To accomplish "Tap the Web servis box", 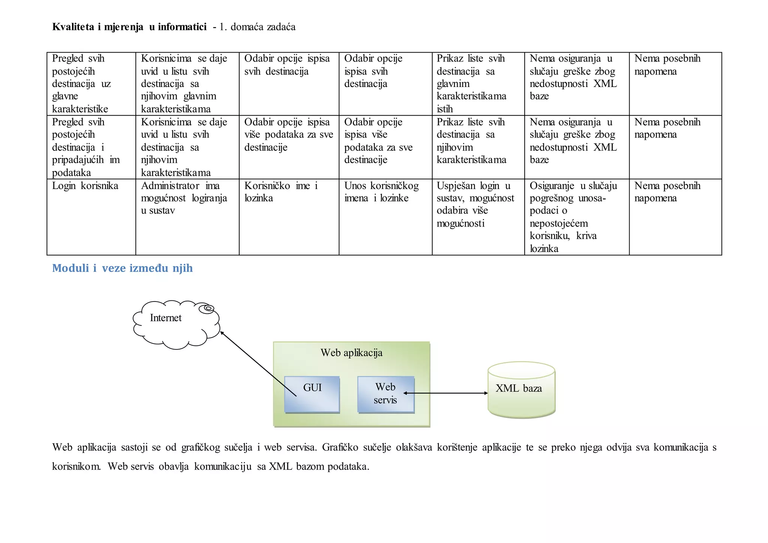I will pos(385,394).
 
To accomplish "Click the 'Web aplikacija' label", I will pos(351,353).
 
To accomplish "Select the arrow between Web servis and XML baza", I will pos(446,393).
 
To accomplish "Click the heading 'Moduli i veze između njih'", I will pos(122,268).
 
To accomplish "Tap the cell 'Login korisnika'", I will pos(85,186).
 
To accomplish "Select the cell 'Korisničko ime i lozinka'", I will pos(281,192).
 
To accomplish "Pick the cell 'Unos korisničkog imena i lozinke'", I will pos(381,192).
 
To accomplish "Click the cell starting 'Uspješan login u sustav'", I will pos(475,204).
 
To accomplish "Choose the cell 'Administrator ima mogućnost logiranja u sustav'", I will pos(184,198).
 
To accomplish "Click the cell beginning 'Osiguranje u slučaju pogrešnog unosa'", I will pos(573,217).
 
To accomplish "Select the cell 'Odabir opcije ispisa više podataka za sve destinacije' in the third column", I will pos(288,135).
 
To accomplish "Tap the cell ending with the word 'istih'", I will pos(471,84).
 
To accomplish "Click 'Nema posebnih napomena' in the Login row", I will pos(667,192).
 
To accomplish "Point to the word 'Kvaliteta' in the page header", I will pos(73,27).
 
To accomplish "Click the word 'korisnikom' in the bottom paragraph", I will pos(76,466).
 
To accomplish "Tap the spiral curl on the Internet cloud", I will pos(207,309).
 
